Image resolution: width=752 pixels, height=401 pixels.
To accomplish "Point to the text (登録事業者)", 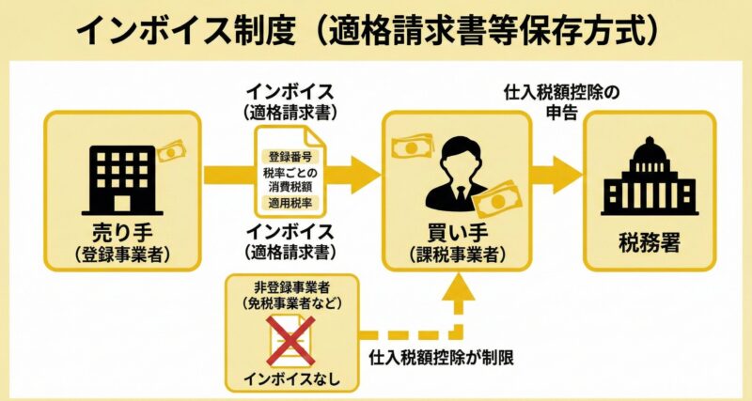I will [121, 254].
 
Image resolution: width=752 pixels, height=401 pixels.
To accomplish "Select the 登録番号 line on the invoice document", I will [291, 157].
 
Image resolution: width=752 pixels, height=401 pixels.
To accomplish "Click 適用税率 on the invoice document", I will [291, 203].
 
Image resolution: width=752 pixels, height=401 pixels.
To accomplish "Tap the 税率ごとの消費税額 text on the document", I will [291, 179].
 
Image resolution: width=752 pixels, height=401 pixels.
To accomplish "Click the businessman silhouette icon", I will [457, 173].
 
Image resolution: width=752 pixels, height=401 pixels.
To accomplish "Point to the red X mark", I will [290, 339].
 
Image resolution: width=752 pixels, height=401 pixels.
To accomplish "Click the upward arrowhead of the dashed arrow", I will [458, 285].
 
